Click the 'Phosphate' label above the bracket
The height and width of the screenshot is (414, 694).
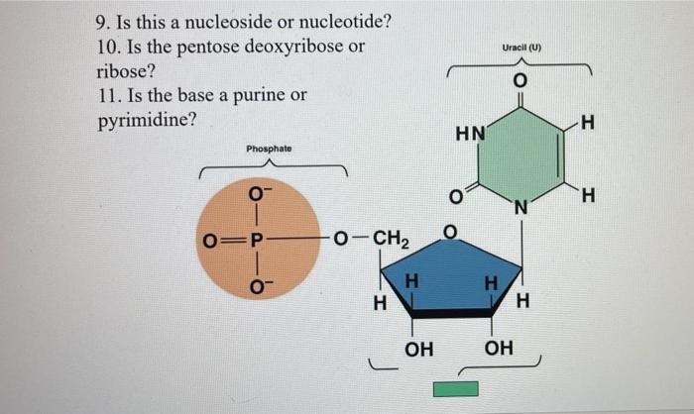(269, 149)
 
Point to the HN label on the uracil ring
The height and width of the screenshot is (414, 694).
(470, 133)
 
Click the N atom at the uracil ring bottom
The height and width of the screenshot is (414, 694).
(520, 208)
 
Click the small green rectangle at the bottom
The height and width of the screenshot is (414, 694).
(456, 389)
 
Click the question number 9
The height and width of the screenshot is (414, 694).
(103, 21)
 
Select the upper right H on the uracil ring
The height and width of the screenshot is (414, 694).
(590, 123)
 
